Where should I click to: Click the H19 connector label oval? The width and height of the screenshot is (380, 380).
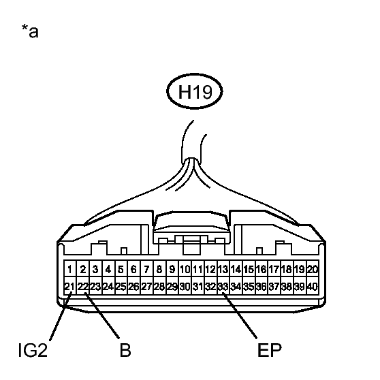[194, 91]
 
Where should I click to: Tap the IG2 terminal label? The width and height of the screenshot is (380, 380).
[33, 350]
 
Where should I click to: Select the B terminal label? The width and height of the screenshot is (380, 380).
[125, 350]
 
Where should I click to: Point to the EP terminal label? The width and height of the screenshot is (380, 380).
[270, 350]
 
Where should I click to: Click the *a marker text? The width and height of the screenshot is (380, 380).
[30, 31]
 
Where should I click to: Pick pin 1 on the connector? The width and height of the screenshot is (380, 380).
[70, 269]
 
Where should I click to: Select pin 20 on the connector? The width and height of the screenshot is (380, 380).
[313, 269]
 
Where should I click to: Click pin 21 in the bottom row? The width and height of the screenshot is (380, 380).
[70, 287]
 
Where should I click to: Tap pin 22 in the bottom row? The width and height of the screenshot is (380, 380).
[83, 287]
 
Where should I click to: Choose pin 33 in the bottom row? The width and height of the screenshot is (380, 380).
[223, 287]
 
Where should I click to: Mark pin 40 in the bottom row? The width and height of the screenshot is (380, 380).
[313, 287]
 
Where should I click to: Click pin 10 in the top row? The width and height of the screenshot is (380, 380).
[185, 269]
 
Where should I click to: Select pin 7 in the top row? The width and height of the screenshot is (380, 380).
[146, 269]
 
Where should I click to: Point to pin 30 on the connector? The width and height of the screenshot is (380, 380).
[185, 287]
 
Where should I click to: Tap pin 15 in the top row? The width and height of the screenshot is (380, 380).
[249, 269]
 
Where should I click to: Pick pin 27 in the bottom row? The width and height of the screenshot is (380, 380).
[146, 287]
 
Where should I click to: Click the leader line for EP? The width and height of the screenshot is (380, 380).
[240, 315]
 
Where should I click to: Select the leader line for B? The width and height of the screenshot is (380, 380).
[101, 315]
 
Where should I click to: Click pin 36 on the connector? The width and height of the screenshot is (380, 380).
[262, 287]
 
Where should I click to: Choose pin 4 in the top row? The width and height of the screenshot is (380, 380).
[108, 269]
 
